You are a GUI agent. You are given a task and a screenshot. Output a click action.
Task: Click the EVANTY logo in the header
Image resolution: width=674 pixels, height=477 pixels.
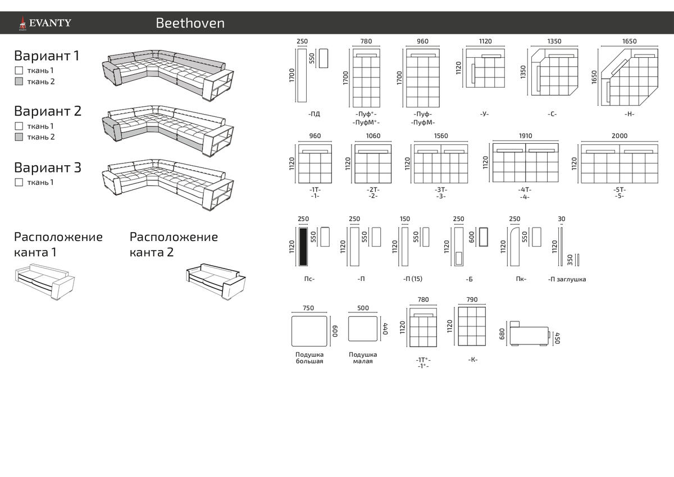(x=45, y=23)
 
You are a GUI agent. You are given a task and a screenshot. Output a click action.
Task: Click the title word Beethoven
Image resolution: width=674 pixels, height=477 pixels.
(x=190, y=23)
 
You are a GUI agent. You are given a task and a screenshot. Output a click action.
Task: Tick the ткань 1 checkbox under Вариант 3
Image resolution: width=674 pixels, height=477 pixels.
(x=19, y=182)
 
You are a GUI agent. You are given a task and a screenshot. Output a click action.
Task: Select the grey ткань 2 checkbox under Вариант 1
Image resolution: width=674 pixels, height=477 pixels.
(x=19, y=81)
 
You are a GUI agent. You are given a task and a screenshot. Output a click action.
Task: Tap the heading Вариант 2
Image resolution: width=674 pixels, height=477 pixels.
(x=48, y=111)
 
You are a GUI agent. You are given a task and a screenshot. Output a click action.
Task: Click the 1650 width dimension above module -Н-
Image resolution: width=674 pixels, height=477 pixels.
(x=629, y=41)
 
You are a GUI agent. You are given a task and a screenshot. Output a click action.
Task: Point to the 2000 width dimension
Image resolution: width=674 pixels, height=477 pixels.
(x=619, y=136)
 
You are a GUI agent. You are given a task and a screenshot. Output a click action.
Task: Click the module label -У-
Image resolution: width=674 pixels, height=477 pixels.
(x=484, y=113)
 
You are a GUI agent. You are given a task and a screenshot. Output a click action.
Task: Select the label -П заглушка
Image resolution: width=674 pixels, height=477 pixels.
(x=567, y=279)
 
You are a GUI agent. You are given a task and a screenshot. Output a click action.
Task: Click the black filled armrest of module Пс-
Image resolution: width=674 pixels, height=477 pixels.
(x=303, y=247)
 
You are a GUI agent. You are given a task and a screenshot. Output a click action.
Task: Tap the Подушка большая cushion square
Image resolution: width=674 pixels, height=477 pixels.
(x=309, y=331)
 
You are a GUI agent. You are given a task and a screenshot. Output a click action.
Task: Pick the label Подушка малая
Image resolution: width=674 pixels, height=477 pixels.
(x=363, y=358)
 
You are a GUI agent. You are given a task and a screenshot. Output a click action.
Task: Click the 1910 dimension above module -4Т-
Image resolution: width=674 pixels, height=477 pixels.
(x=525, y=136)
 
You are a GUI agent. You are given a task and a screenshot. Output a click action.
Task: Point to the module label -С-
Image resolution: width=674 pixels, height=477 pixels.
(x=552, y=114)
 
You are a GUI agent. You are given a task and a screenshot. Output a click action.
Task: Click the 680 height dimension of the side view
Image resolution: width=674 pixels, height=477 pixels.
(x=502, y=334)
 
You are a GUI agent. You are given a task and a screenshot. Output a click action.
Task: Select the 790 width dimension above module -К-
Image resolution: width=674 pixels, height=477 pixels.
(x=472, y=299)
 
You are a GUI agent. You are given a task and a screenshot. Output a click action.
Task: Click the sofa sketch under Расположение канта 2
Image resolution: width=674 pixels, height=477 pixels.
(x=216, y=281)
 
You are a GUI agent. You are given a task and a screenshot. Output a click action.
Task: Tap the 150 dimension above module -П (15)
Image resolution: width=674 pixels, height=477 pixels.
(x=405, y=219)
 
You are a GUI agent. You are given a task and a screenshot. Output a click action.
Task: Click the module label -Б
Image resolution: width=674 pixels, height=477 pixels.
(x=469, y=279)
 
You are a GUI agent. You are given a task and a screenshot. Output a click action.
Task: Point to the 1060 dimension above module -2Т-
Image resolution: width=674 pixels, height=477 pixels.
(x=373, y=136)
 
